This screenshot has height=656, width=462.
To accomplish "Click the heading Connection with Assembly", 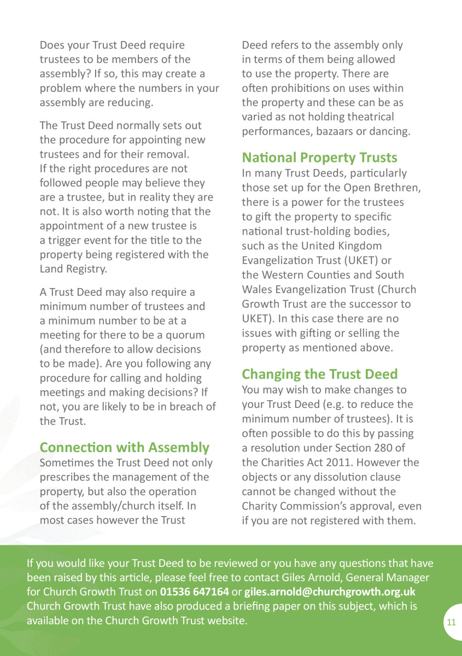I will point(124,447).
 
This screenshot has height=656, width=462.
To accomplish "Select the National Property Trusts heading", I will point(319,157).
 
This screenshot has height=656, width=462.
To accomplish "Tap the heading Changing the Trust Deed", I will point(319,374).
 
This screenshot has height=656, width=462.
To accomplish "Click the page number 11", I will point(451,622).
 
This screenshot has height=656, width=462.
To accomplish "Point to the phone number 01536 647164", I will point(194,592).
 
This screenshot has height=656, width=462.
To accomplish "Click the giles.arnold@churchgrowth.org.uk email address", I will point(330,592).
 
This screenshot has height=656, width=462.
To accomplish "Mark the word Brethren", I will point(398,188).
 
